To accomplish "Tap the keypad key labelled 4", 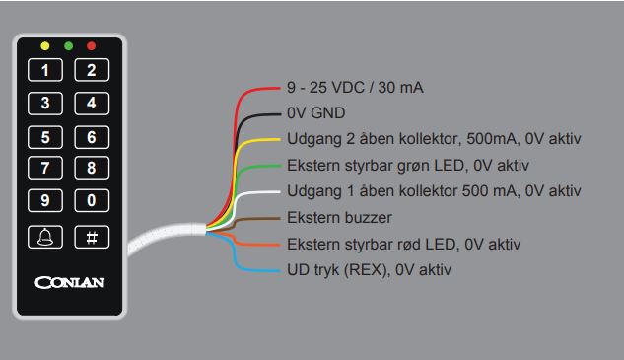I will (92, 103).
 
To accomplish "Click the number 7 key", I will (50, 168).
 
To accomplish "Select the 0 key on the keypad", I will (92, 201).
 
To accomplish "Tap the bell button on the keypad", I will (50, 237).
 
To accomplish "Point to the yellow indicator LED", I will (44, 46).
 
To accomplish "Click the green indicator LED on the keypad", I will (68, 46).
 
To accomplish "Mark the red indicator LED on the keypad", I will (92, 46).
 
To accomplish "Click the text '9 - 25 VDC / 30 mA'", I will (355, 88).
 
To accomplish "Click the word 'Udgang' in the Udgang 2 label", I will (312, 139).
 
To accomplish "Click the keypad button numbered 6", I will (92, 136).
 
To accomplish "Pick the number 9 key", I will (50, 201).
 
